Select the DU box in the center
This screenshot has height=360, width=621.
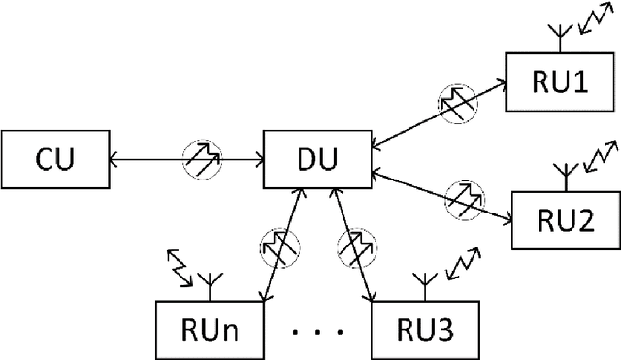318,154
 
